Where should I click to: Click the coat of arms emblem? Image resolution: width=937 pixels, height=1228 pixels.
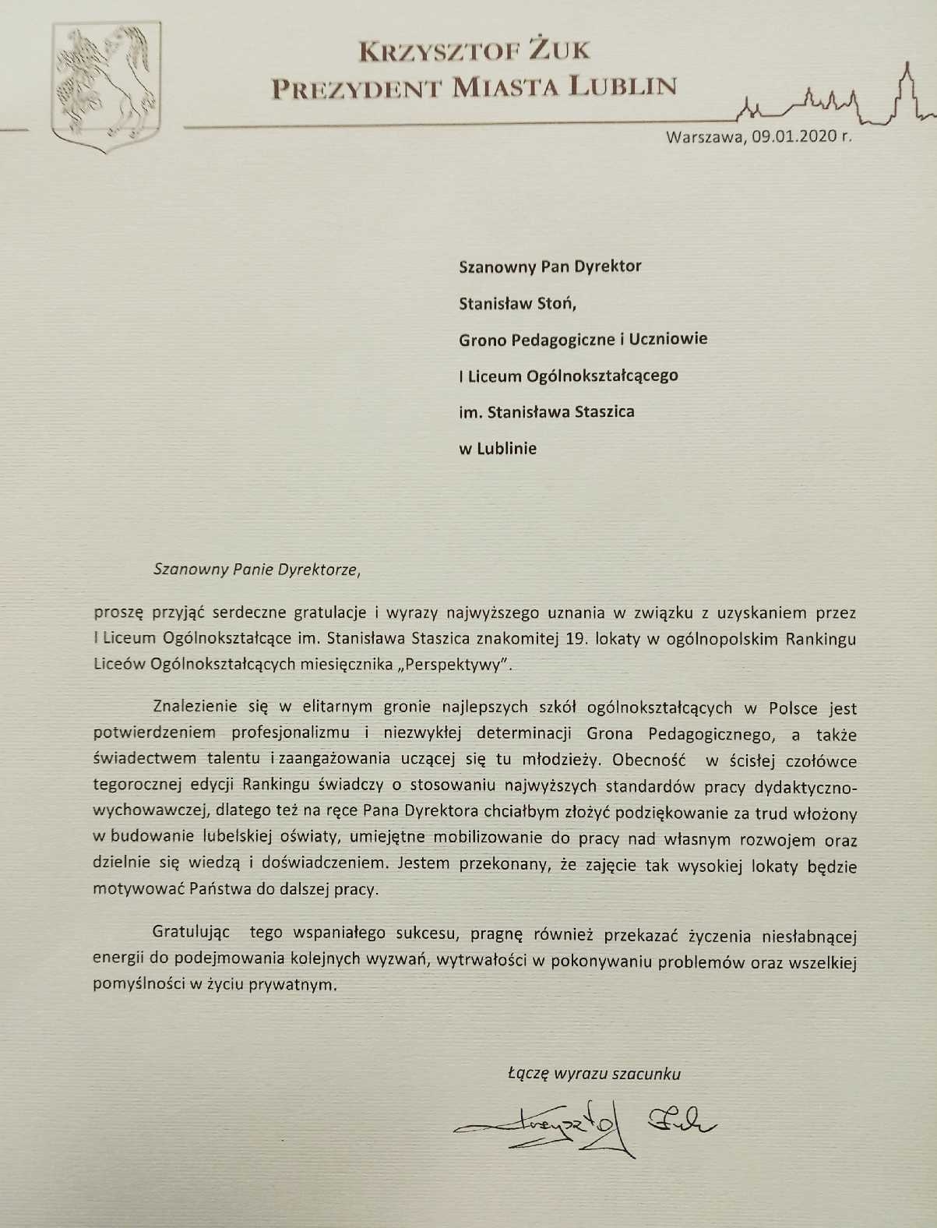point(105,86)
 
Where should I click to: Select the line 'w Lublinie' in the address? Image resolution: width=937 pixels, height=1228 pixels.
point(498,448)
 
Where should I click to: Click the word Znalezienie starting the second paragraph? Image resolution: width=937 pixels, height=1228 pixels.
point(199,708)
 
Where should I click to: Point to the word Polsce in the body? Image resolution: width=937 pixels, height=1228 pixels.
point(793,708)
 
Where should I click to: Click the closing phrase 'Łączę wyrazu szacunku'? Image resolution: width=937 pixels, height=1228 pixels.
point(594,1074)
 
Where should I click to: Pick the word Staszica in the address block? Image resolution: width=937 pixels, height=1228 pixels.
point(604,411)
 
